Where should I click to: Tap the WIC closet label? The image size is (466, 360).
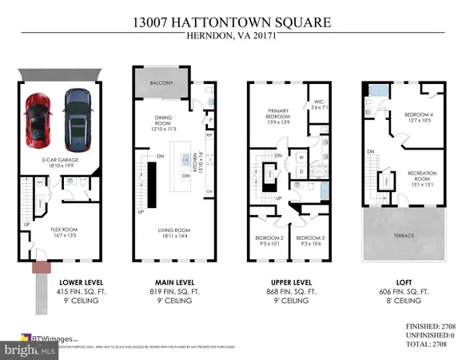coord(317,102)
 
